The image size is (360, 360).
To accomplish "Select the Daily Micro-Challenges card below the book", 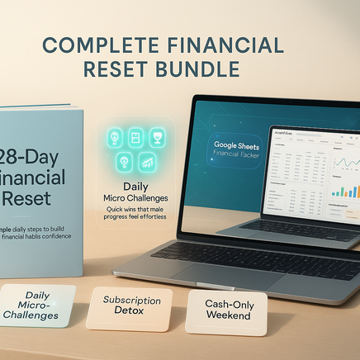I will [37, 305].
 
